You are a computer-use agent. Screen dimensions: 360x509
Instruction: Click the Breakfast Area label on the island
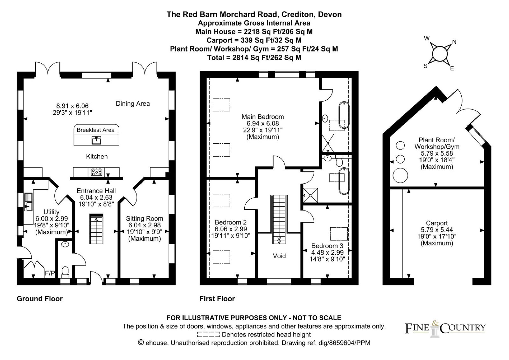(95, 130)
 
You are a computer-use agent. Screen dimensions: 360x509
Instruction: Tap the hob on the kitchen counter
(97, 172)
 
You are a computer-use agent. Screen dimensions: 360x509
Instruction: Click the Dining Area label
(133, 103)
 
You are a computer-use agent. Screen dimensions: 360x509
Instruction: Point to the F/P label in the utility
(50, 273)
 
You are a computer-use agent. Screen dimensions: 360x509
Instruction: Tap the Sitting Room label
(144, 219)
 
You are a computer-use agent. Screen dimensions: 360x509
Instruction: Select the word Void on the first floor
(279, 256)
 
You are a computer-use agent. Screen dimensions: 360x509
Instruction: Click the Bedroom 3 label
(327, 246)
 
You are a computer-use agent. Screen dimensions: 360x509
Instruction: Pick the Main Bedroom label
(262, 116)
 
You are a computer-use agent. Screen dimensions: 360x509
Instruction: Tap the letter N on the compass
(454, 42)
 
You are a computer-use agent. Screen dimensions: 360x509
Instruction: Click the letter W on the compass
(427, 39)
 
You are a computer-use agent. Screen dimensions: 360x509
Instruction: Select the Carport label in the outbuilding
(436, 223)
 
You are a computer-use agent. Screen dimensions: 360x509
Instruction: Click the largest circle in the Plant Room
(400, 175)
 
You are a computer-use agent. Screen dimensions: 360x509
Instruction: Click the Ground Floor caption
(39, 299)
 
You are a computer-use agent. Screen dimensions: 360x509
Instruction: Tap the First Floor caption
(217, 299)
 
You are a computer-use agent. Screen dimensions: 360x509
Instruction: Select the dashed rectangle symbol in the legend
(208, 335)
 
